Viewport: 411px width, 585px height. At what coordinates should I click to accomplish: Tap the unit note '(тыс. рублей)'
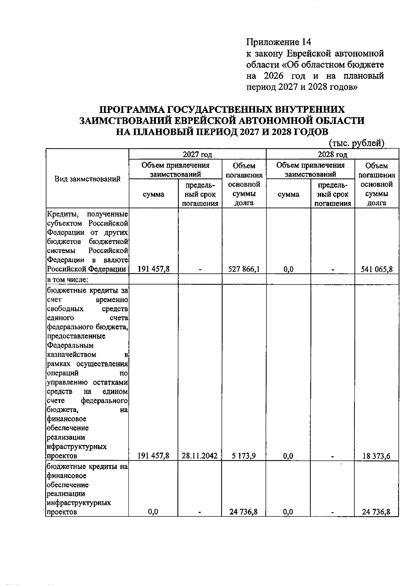pyautogui.click(x=357, y=143)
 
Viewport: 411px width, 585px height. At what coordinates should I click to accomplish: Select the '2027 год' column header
pyautogui.click(x=197, y=154)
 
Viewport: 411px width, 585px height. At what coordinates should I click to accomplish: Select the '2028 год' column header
pyautogui.click(x=332, y=154)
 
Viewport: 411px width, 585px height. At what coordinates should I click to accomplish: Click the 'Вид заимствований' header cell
pyautogui.click(x=87, y=179)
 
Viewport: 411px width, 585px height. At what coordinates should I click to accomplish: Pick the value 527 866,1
pyautogui.click(x=244, y=269)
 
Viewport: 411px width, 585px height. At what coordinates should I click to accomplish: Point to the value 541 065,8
pyautogui.click(x=376, y=269)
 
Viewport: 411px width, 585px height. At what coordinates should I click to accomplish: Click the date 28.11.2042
pyautogui.click(x=200, y=456)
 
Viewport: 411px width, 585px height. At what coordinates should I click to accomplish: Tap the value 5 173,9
pyautogui.click(x=244, y=456)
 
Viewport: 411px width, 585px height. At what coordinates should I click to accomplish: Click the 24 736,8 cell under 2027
pyautogui.click(x=244, y=512)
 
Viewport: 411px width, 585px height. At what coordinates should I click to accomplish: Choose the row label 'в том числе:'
pyautogui.click(x=67, y=280)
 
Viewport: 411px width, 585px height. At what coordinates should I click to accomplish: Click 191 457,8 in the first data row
pyautogui.click(x=153, y=269)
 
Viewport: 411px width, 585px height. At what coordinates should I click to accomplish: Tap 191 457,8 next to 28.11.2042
pyautogui.click(x=153, y=456)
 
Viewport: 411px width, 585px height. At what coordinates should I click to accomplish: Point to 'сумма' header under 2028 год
pyautogui.click(x=288, y=195)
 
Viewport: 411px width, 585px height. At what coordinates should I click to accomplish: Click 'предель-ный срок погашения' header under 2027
pyautogui.click(x=200, y=195)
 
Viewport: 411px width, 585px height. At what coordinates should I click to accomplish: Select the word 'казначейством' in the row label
pyautogui.click(x=71, y=354)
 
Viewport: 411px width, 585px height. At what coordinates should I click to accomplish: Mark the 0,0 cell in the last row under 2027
pyautogui.click(x=153, y=512)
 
